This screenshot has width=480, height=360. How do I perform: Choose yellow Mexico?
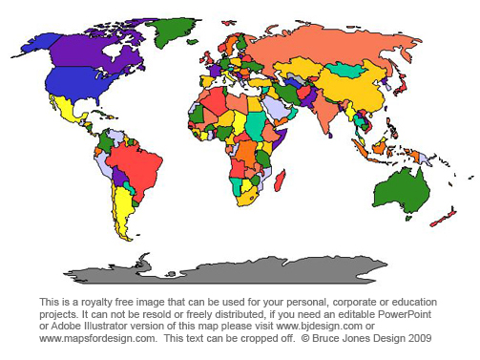[x=72, y=111]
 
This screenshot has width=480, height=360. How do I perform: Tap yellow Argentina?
[x=122, y=205]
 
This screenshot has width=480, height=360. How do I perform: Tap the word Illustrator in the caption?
[x=111, y=326]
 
